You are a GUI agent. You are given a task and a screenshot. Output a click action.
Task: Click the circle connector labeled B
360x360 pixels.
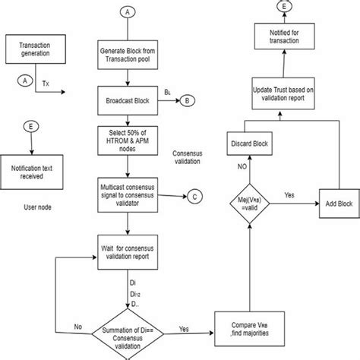coord(188,99)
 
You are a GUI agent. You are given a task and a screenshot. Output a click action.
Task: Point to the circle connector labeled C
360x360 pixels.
coord(195,197)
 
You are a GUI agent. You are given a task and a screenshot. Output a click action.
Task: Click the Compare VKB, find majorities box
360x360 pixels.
coord(251,332)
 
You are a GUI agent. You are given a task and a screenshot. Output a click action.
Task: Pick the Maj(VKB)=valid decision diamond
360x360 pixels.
coord(251,204)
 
